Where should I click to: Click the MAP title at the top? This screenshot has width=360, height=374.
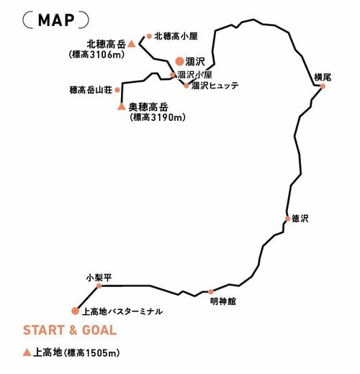click(x=56, y=20)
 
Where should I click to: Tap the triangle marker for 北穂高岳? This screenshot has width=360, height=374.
click(x=131, y=44)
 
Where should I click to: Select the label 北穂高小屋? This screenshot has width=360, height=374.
click(x=176, y=36)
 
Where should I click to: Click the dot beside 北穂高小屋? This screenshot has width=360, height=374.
click(x=149, y=36)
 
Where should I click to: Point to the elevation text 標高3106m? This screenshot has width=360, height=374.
click(x=96, y=55)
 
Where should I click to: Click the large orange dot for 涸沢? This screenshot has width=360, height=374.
click(x=179, y=61)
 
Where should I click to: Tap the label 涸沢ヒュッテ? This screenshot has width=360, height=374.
click(x=215, y=86)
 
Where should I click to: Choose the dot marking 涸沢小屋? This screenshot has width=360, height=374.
click(x=173, y=75)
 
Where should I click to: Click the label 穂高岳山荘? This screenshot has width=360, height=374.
click(x=91, y=90)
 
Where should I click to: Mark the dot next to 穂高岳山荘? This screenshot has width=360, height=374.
click(x=117, y=90)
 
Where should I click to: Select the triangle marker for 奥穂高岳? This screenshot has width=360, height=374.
click(x=122, y=106)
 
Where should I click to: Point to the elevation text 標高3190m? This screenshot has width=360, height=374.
click(x=158, y=117)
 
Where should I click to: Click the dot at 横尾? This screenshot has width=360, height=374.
click(x=323, y=86)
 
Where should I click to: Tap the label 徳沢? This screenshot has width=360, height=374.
click(x=300, y=219)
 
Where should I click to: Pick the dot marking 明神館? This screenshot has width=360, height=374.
click(x=211, y=292)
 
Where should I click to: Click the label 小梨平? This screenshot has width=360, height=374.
click(x=99, y=278)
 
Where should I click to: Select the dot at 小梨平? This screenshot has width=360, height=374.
click(x=99, y=286)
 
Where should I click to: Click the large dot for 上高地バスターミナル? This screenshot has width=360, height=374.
click(x=75, y=311)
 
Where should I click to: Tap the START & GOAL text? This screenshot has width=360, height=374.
click(x=70, y=330)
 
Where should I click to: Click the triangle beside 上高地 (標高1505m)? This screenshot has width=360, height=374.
click(x=27, y=352)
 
